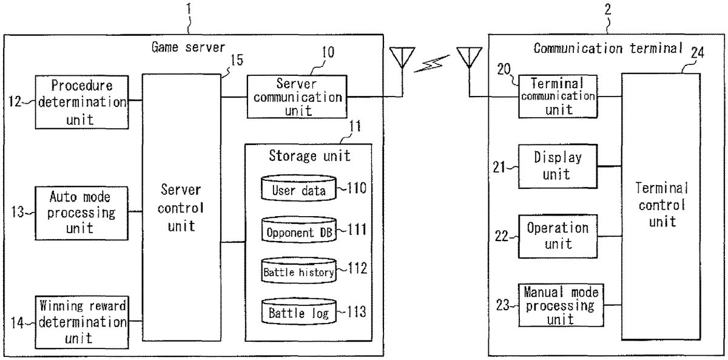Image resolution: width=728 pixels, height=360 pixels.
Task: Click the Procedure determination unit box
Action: pyautogui.click(x=81, y=101)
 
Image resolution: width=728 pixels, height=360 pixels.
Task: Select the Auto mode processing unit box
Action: pyautogui.click(x=81, y=212)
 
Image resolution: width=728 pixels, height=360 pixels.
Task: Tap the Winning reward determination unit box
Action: pyautogui.click(x=81, y=321)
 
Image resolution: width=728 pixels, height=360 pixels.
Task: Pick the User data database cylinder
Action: pyautogui.click(x=298, y=189)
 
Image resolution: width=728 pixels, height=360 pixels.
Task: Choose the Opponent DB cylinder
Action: pyautogui.click(x=298, y=231)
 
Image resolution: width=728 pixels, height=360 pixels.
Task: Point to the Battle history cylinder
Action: pyautogui.click(x=298, y=271)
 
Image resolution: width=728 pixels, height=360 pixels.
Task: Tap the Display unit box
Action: pyautogui.click(x=558, y=166)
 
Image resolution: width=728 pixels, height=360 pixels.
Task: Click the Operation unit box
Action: pyautogui.click(x=558, y=236)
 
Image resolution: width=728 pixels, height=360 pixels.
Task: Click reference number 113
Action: pyautogui.click(x=356, y=312)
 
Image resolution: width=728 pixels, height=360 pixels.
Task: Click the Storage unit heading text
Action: pyautogui.click(x=309, y=155)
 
